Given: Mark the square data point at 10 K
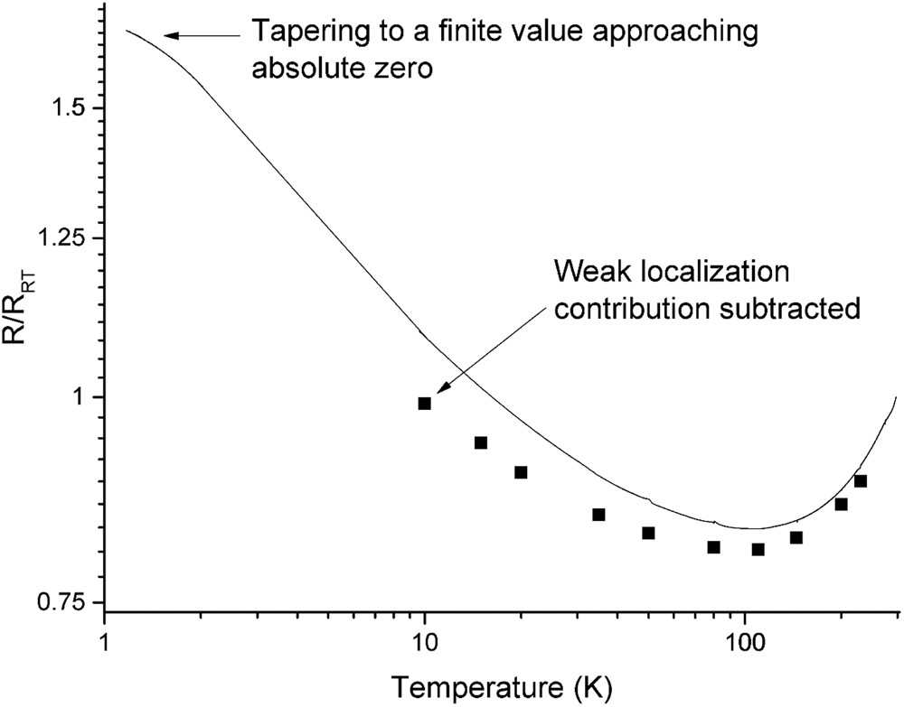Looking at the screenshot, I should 425,404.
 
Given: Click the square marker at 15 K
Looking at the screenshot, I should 481,442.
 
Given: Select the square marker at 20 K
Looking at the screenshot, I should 521,472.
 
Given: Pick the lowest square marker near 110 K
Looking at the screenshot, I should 758,549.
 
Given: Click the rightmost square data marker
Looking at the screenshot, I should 861,481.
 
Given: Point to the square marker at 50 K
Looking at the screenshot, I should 648,533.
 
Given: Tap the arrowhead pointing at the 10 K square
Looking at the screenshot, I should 439,390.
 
